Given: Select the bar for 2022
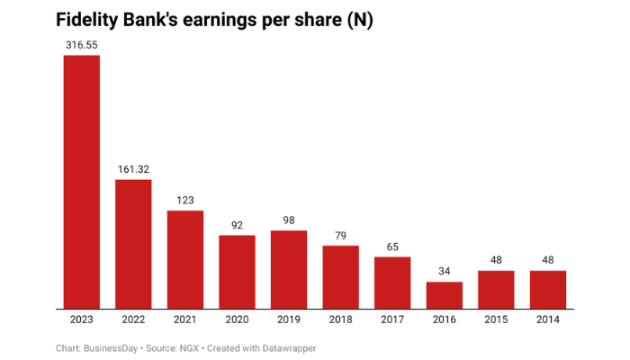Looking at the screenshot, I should tap(133, 244).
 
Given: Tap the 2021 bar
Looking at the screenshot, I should tap(184, 259).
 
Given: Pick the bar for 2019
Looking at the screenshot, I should tap(289, 269).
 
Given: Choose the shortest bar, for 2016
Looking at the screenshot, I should tap(445, 295).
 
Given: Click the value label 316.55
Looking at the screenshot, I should tap(81, 43).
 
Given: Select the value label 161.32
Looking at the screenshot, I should tap(133, 168).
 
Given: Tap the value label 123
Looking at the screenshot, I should tap(184, 200).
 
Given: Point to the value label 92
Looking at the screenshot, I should tap(237, 224).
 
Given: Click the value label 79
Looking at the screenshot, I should tap(340, 235).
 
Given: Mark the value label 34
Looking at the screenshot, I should tap(445, 271).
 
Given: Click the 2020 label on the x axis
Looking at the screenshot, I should tap(237, 319).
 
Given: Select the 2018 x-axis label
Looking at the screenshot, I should tap(340, 319).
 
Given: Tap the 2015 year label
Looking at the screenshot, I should tap(496, 319).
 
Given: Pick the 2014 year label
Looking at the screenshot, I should tap(548, 319).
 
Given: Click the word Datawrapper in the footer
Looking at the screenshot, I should tap(287, 347).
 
